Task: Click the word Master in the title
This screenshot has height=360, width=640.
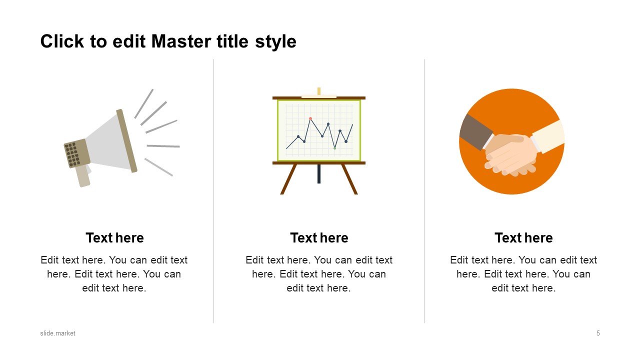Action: click(x=181, y=41)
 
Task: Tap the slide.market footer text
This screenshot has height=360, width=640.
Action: click(x=57, y=333)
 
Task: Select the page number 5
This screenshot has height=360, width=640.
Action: click(x=598, y=333)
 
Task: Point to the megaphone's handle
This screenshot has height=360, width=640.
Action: click(x=83, y=176)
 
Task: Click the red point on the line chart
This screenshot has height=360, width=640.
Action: click(x=310, y=118)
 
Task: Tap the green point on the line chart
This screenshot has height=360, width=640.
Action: click(x=334, y=148)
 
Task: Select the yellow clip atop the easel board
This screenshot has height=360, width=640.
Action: click(x=319, y=91)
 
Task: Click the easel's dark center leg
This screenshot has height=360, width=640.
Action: click(x=319, y=174)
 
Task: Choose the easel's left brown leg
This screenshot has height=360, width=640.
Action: click(x=288, y=179)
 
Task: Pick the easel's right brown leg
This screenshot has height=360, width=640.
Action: click(x=349, y=179)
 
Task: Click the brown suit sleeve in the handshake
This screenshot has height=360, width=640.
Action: click(x=475, y=132)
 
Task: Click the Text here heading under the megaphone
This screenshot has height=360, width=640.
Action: click(x=114, y=237)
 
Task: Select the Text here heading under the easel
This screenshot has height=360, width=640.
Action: click(x=319, y=237)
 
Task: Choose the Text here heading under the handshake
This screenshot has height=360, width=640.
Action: click(x=523, y=237)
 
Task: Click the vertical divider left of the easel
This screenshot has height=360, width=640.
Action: click(x=213, y=191)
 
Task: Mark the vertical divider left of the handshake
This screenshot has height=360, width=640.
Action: click(x=424, y=191)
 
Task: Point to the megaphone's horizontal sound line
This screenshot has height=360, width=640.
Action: click(x=163, y=146)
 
